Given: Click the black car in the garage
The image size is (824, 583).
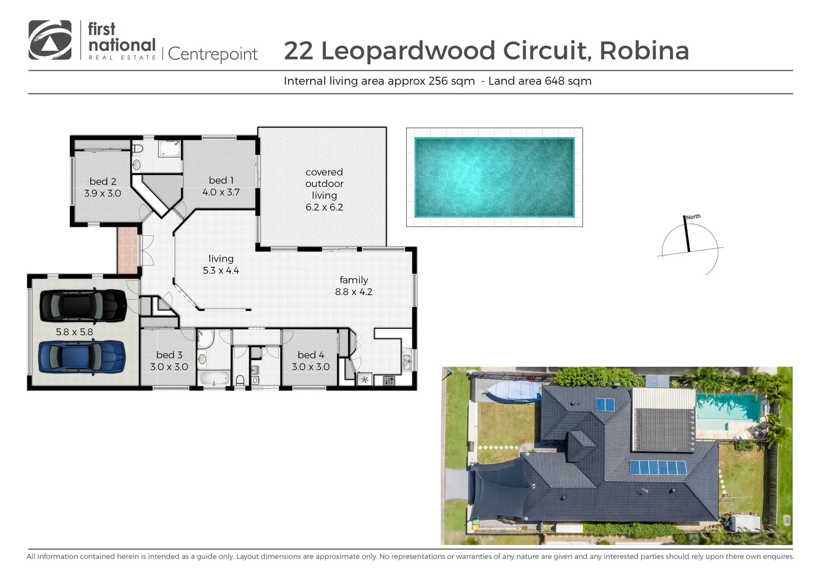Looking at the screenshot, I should tap(83, 306).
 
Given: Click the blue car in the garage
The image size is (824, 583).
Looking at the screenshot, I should tap(82, 357).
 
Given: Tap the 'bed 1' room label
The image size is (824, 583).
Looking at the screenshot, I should tap(221, 180).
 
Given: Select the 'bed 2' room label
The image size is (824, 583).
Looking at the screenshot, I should tap(102, 181).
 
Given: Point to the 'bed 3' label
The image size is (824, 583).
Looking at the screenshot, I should tap(169, 355).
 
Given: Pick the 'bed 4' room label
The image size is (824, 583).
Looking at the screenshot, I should tap(311, 355).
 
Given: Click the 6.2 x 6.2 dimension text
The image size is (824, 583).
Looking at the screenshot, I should tap(324, 207).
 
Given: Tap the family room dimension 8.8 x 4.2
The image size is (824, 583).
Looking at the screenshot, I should tap(354, 292).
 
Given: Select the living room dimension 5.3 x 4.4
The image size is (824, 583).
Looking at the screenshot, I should tap(221, 270).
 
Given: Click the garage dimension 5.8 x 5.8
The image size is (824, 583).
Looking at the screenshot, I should tap(74, 332).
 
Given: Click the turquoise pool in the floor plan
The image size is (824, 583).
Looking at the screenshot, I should tap(494, 177).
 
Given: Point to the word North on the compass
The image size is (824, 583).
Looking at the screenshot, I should tap(693, 217).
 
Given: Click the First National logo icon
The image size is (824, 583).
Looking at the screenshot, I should tap(50, 40).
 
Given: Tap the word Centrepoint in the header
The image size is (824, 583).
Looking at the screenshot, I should tap(213, 54).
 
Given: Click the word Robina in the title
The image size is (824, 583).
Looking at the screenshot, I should tap(644, 51).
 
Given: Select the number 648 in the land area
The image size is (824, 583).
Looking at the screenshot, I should tap(554, 81).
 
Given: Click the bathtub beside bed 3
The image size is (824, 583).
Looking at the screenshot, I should tap(215, 378).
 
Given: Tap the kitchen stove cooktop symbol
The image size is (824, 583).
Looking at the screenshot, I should tap(389, 381).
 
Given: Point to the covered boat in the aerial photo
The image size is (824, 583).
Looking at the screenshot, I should tap(512, 391).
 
